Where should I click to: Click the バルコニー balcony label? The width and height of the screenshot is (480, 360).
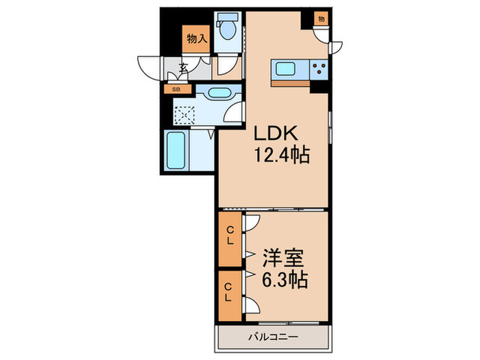click(x=273, y=338)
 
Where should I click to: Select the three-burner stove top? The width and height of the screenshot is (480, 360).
click(x=319, y=69)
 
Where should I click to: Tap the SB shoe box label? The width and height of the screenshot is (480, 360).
click(x=176, y=89)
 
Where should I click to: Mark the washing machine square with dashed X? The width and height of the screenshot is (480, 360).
click(x=184, y=114)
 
